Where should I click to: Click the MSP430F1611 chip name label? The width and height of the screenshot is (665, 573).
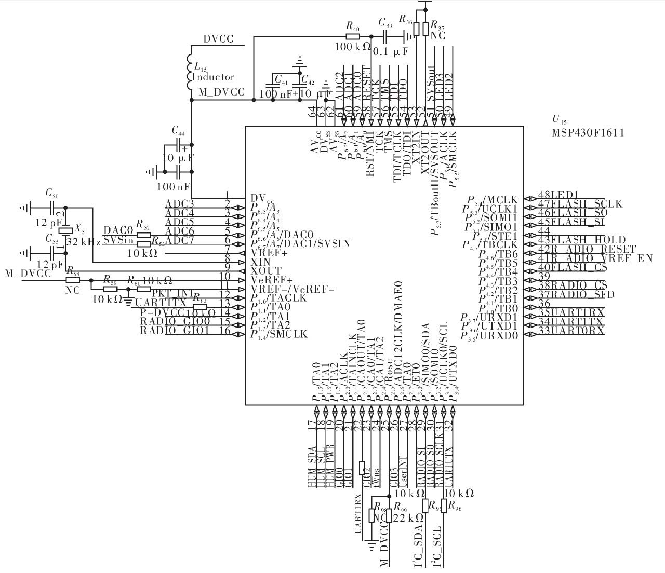coord(588,133)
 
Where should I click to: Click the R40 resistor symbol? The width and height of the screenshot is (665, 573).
coord(352,36)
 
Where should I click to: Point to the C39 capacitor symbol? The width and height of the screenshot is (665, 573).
coord(385,36)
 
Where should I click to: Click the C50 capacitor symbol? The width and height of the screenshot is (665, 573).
coord(52,209)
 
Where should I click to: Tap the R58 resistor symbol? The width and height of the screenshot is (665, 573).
coord(72,279)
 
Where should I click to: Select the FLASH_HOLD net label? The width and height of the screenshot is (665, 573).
coord(587,240)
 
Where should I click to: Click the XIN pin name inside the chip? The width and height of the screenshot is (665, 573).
coord(261,262)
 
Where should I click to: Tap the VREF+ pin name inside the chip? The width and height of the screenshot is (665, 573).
coord(269,253)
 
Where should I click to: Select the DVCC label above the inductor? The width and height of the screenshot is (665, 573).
coord(218,39)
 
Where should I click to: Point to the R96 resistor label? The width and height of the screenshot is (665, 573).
coord(455,506)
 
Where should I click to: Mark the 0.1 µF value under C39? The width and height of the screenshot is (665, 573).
coord(391,52)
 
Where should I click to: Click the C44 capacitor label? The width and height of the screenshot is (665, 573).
coord(178,130)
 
